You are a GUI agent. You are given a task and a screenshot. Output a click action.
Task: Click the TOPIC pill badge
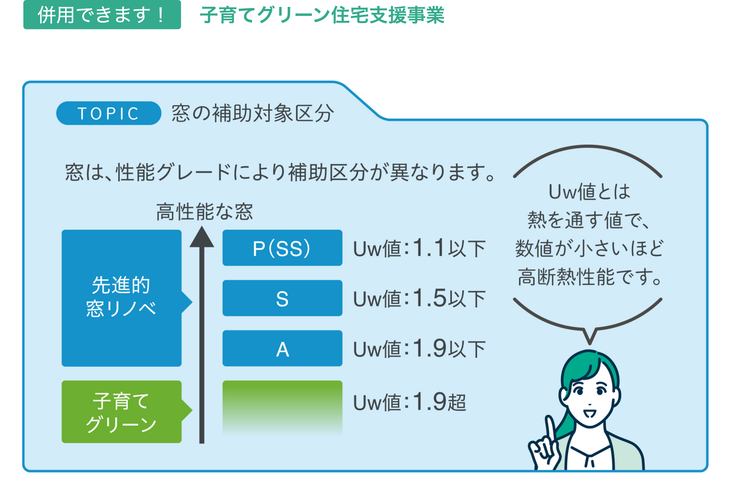(108, 113)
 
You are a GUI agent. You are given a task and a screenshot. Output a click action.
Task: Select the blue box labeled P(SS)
(282, 248)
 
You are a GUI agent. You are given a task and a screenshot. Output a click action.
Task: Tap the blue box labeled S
(282, 298)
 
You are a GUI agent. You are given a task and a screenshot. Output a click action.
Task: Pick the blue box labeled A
(282, 348)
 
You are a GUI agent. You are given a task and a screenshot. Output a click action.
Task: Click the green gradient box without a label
(282, 407)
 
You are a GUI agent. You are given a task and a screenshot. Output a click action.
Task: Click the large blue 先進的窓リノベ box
(121, 298)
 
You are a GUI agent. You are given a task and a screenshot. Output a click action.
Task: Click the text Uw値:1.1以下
(419, 248)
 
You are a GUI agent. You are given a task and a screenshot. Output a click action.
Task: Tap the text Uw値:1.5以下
(419, 299)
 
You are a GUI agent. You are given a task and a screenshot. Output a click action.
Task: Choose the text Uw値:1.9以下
(419, 349)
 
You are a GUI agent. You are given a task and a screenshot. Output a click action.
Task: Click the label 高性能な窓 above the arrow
(204, 211)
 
